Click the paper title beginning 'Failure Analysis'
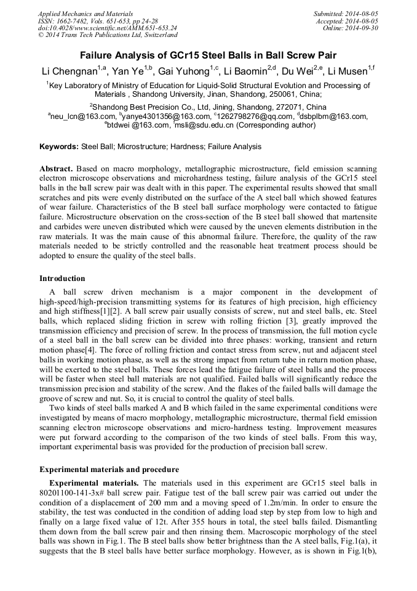[208, 54]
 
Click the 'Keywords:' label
[59, 147]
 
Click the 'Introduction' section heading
[62, 279]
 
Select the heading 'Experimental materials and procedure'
[109, 469]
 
